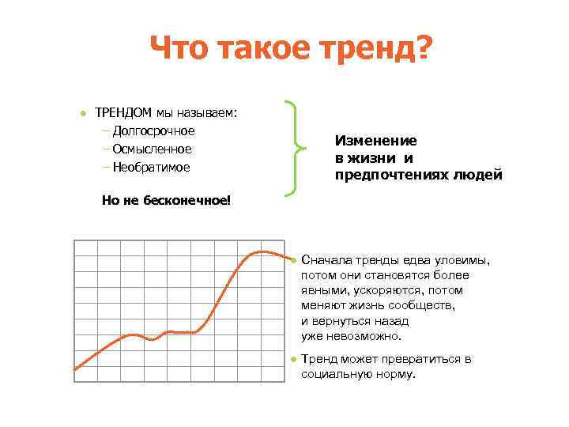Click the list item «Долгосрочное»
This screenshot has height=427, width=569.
pyautogui.click(x=153, y=130)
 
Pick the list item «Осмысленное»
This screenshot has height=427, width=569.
pyautogui.click(x=152, y=149)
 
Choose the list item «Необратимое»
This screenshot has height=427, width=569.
pyautogui.click(x=151, y=167)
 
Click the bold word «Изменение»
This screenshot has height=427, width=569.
pyautogui.click(x=375, y=140)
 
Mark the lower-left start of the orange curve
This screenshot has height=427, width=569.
pyautogui.click(x=75, y=368)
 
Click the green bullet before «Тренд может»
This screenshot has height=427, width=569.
pyautogui.click(x=292, y=360)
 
